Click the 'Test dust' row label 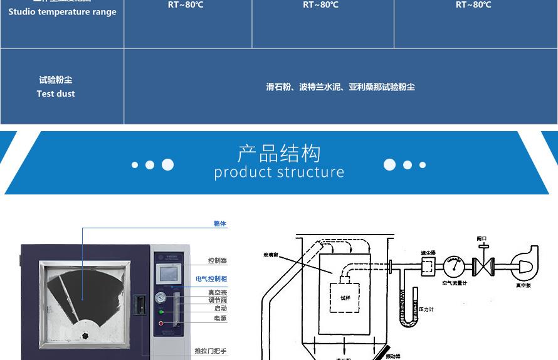[56, 93]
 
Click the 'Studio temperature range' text [62, 12]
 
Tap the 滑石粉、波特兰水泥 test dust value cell [340, 87]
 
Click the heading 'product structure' [279, 172]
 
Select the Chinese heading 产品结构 [279, 153]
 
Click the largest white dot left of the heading [167, 164]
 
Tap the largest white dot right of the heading [390, 164]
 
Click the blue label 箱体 [219, 224]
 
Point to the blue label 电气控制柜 [211, 278]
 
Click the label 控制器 [217, 260]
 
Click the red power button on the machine [161, 324]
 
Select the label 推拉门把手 [211, 351]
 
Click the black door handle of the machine [142, 305]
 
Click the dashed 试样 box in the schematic [345, 297]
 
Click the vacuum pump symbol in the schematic [524, 265]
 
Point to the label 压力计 [426, 309]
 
